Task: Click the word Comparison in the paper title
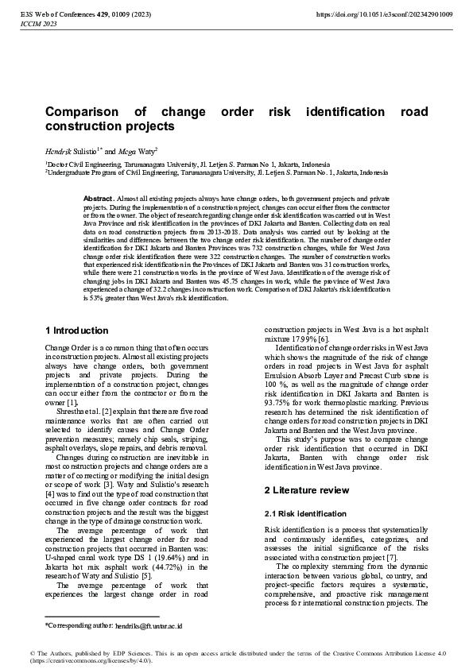pyautogui.click(x=83, y=113)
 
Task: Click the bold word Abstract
pyautogui.click(x=98, y=197)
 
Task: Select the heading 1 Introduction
pyautogui.click(x=76, y=330)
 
